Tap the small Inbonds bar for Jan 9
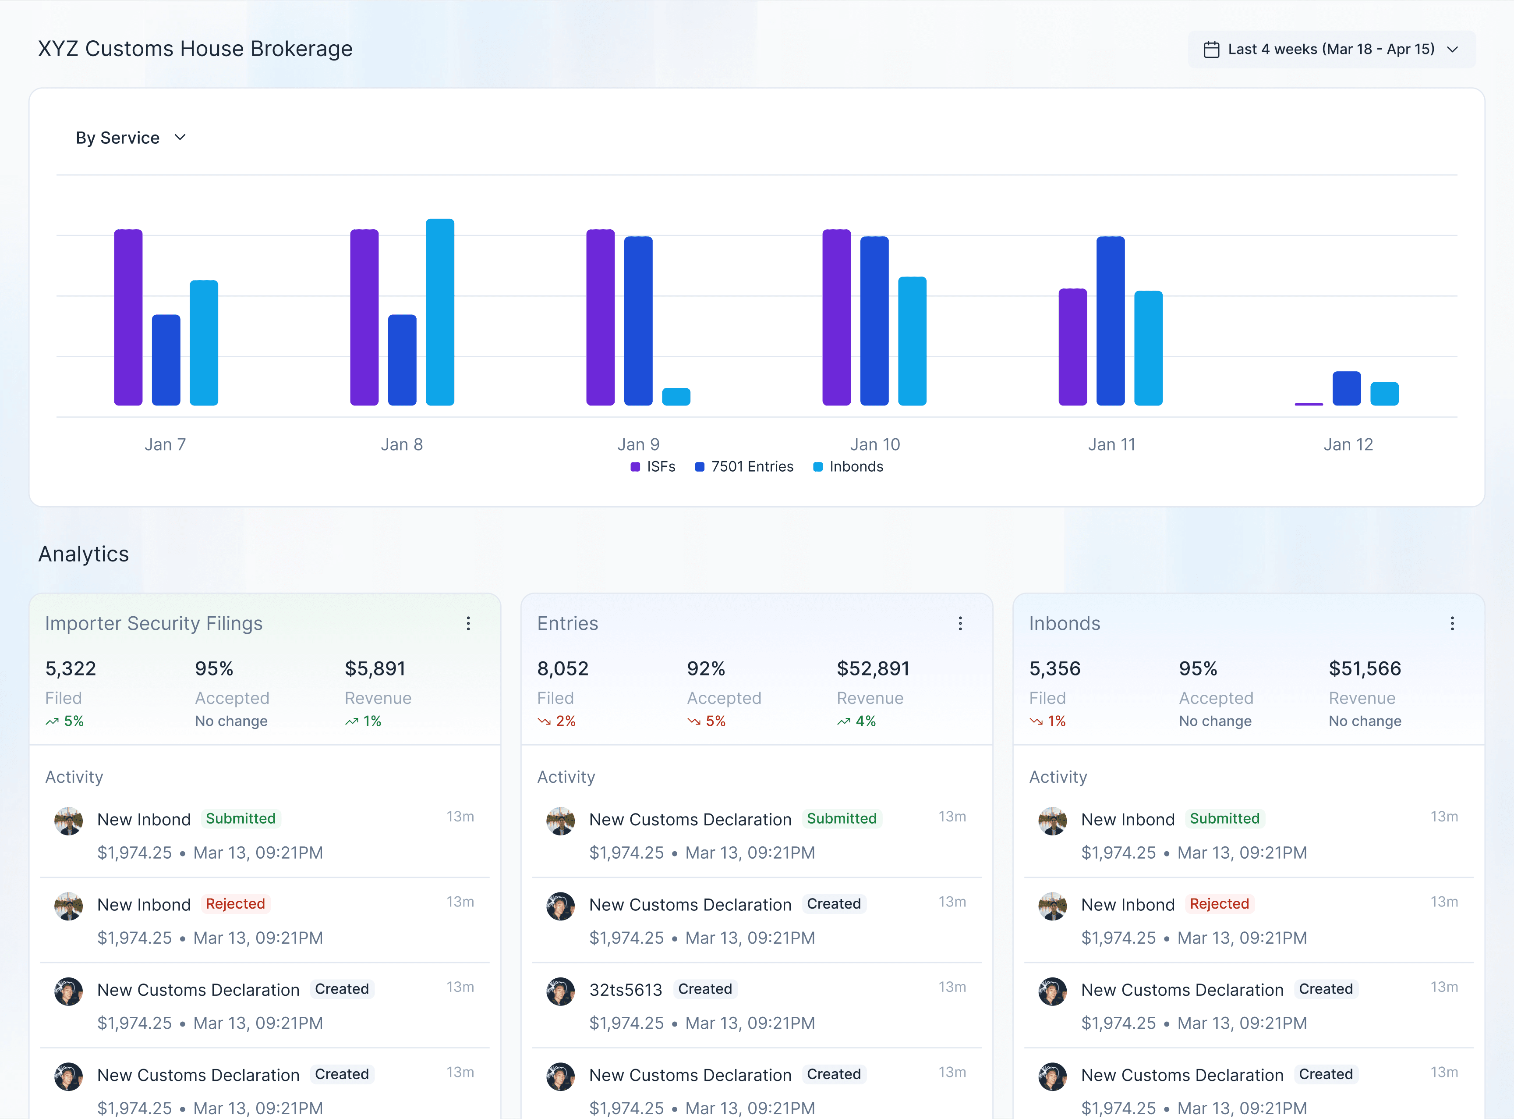[x=676, y=397]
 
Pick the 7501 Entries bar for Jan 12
[x=1346, y=388]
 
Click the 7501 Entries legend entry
[x=744, y=467]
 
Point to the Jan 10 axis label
[x=875, y=444]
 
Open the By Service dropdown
[x=131, y=138]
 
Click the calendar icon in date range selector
[x=1211, y=50]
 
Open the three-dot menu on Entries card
[x=960, y=623]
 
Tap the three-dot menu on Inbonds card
[x=1452, y=623]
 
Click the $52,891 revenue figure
[x=873, y=668]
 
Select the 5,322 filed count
[x=71, y=668]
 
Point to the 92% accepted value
[x=706, y=668]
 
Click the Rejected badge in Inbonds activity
[x=1219, y=904]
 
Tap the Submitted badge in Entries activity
[x=841, y=818]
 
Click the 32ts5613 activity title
[x=625, y=990]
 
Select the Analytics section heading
[x=83, y=554]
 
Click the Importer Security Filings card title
[x=154, y=623]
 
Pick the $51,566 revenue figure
[x=1364, y=668]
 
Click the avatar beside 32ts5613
[x=561, y=991]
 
